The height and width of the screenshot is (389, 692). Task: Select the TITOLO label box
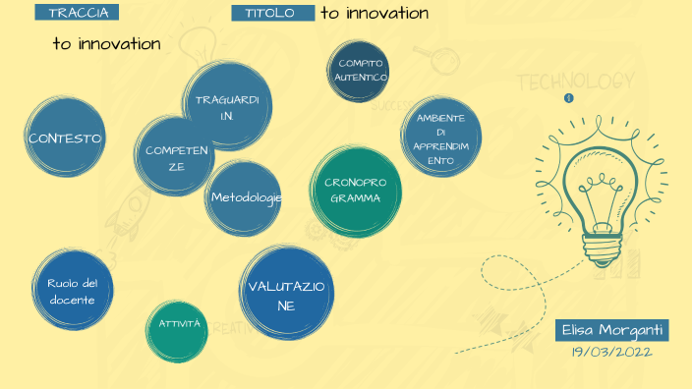(272, 13)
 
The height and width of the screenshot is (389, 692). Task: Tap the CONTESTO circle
(66, 139)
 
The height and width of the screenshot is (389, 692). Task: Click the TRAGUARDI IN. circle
(227, 107)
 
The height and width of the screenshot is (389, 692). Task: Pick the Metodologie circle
(245, 197)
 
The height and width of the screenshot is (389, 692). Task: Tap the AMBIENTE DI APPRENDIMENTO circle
(441, 138)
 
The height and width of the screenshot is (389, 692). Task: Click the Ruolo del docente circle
(72, 291)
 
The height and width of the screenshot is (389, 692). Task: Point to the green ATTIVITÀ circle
(180, 324)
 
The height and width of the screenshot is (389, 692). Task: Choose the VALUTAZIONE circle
(284, 293)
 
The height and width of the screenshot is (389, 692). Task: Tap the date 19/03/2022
(611, 352)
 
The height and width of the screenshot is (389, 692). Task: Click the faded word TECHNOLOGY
(569, 81)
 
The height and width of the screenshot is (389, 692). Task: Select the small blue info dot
(568, 98)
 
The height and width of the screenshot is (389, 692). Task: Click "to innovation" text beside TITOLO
(375, 13)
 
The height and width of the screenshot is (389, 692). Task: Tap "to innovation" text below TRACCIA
(107, 43)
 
